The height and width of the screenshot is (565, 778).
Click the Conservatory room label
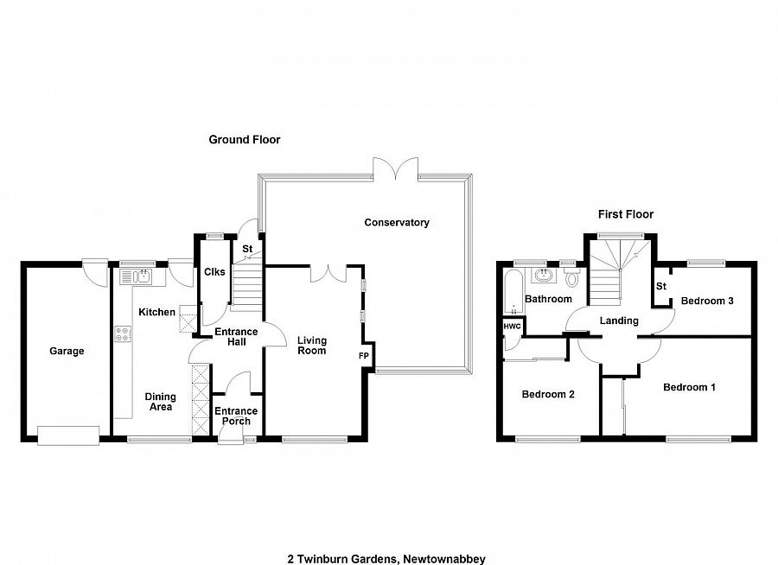click(396, 223)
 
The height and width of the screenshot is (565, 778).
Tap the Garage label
click(67, 352)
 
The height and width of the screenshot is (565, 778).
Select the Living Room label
click(311, 346)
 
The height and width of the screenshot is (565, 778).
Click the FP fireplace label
click(363, 355)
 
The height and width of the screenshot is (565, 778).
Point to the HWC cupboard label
click(511, 327)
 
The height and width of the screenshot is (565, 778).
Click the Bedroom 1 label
click(688, 387)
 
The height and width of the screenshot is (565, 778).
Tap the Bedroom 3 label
click(706, 302)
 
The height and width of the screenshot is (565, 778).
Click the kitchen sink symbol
click(137, 276)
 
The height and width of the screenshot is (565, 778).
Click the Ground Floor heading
click(245, 139)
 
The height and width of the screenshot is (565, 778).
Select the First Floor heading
click(625, 214)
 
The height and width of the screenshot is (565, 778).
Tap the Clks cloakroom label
click(214, 272)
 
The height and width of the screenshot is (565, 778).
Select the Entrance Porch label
click(236, 416)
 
